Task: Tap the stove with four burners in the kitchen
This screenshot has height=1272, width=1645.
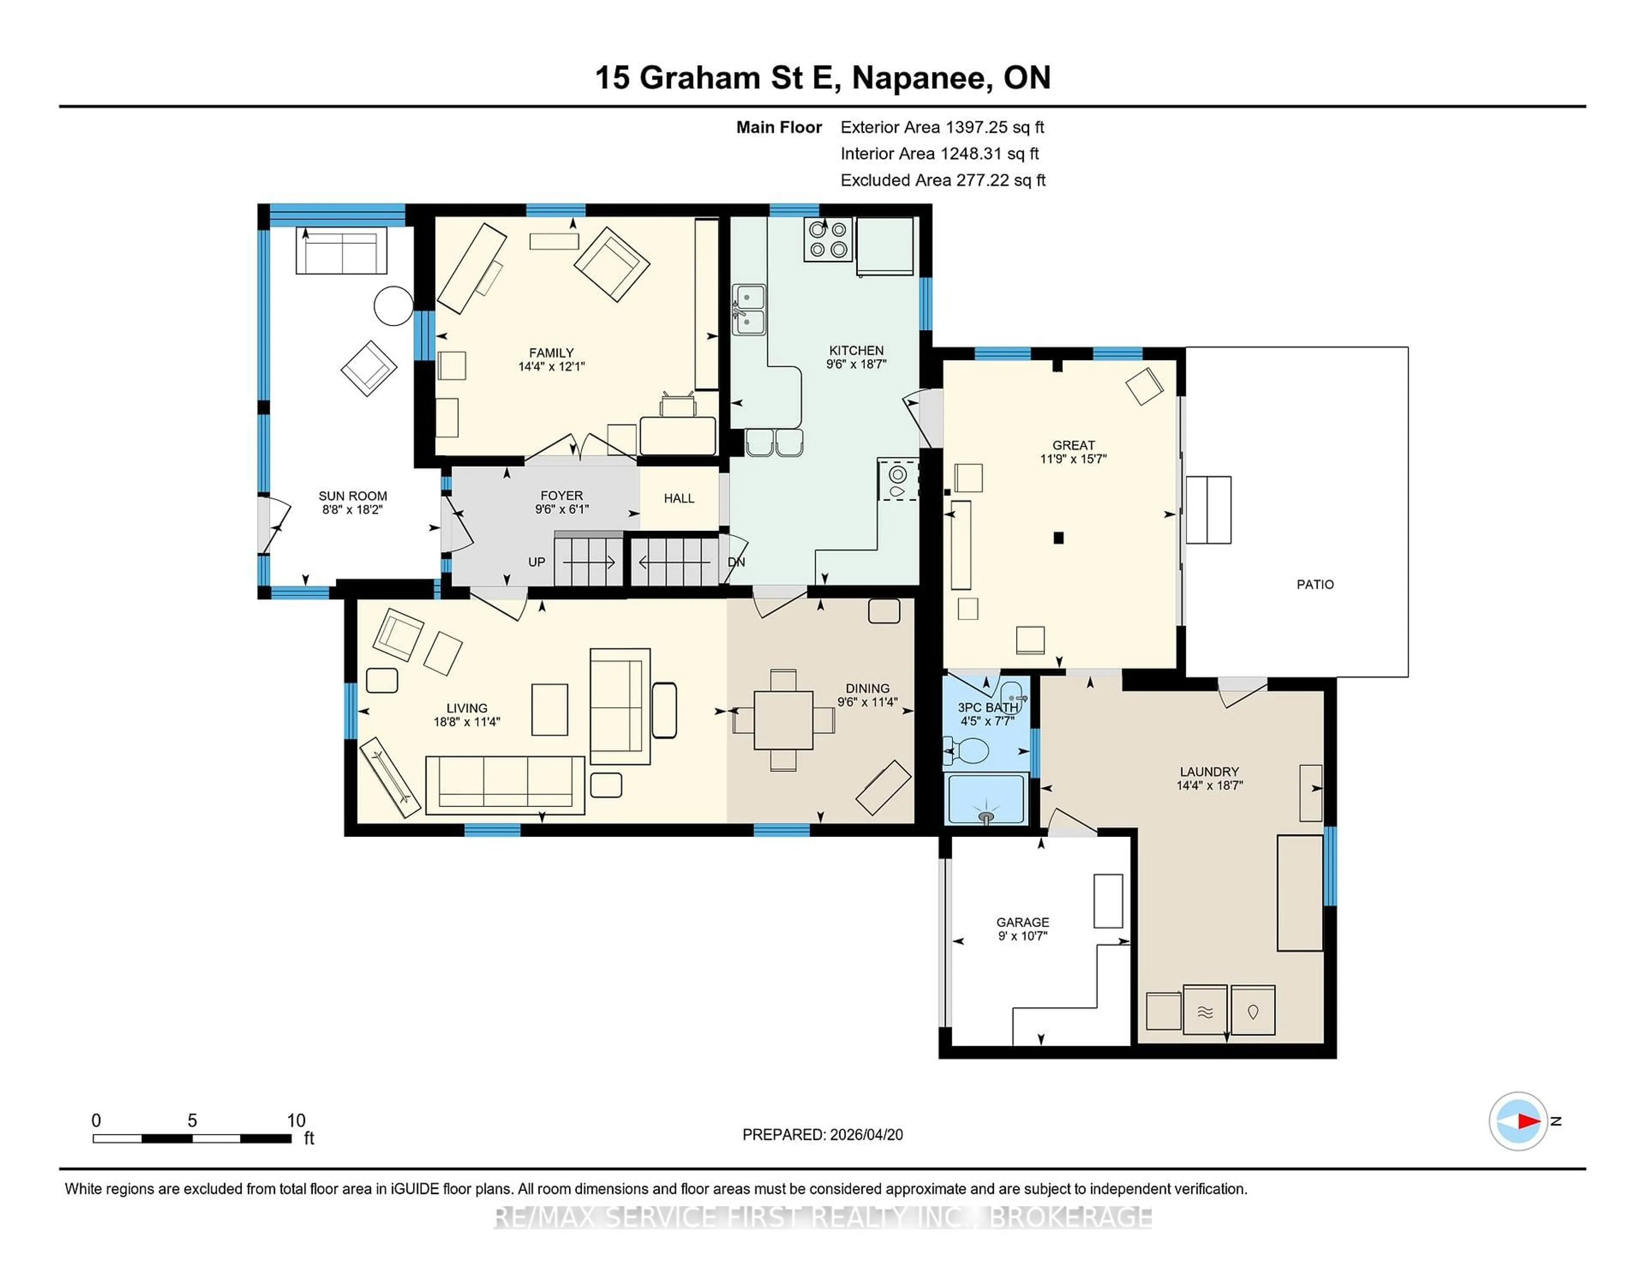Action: click(x=827, y=240)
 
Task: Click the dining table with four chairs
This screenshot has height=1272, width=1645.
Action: click(x=784, y=720)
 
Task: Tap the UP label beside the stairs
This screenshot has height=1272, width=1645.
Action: click(x=536, y=562)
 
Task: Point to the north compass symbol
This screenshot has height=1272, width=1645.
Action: click(x=1518, y=1121)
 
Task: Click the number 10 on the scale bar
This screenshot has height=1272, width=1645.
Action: click(x=296, y=1121)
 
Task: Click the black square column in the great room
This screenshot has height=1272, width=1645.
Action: click(x=1058, y=538)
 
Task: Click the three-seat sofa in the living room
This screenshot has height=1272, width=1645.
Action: click(x=505, y=784)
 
